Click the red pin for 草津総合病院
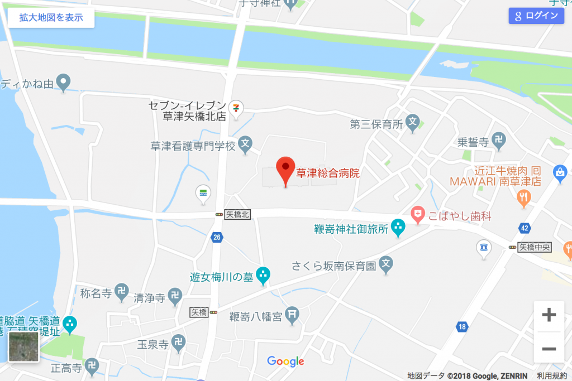[x=286, y=168]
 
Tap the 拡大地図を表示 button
[x=51, y=17]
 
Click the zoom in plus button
[x=549, y=315]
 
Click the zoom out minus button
[x=549, y=349]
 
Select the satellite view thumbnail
[x=24, y=347]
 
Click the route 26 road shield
[x=216, y=238]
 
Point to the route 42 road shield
[x=523, y=228]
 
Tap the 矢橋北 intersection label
[x=237, y=214]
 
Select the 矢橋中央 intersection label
[x=535, y=247]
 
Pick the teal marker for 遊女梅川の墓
[x=263, y=274]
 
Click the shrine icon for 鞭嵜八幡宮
[x=292, y=315]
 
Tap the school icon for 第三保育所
[x=413, y=122]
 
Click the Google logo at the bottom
[x=285, y=361]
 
